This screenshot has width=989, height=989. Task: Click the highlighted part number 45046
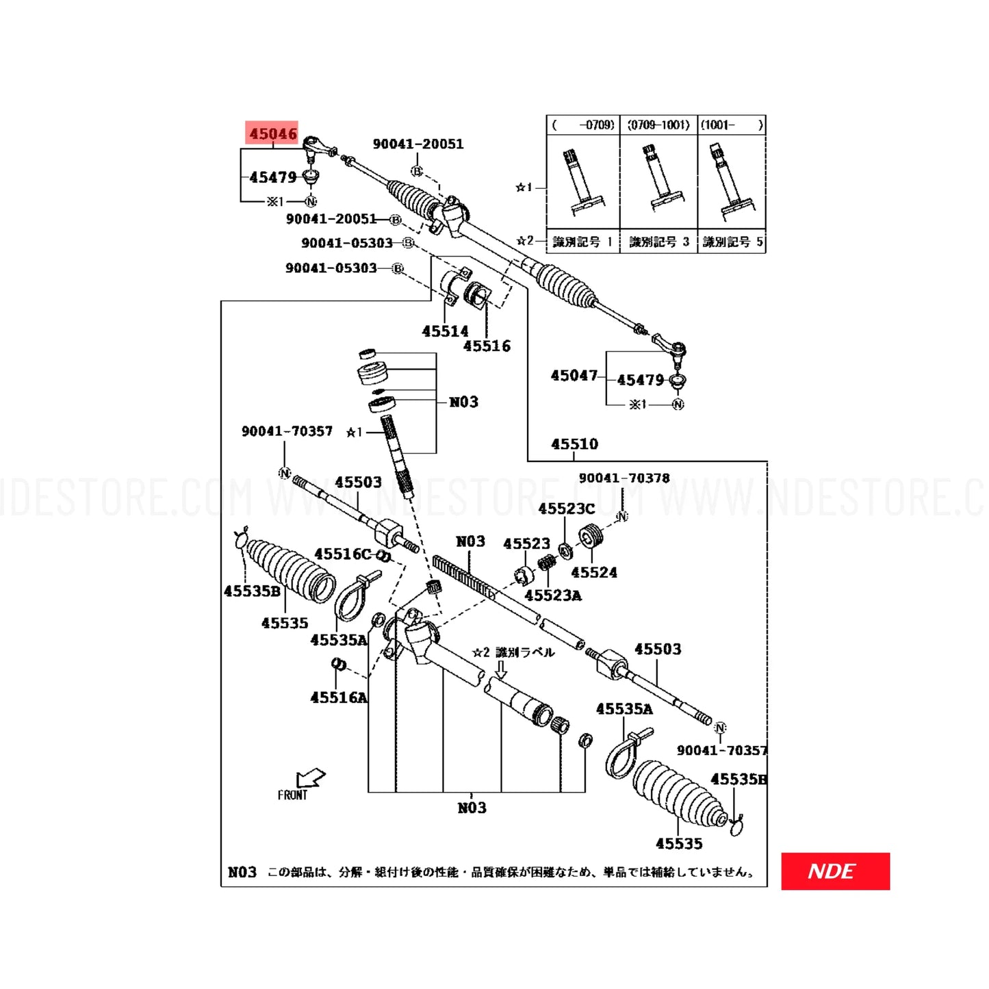[272, 133]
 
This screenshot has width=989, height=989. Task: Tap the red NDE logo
[835, 871]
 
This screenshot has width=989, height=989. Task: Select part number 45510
[574, 444]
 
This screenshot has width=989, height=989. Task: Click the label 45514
[445, 331]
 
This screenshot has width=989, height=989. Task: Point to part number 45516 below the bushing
[487, 346]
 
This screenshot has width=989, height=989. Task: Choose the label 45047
[574, 376]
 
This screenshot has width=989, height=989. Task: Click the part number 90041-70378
[624, 478]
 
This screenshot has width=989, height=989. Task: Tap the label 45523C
[566, 509]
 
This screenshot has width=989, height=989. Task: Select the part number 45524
[594, 572]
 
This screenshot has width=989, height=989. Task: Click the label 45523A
[553, 595]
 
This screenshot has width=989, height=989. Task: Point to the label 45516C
[342, 554]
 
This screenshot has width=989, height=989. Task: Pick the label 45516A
[339, 697]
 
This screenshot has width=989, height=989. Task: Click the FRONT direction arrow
[310, 779]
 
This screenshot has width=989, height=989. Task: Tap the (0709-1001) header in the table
[658, 125]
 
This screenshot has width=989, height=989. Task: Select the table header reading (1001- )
[731, 125]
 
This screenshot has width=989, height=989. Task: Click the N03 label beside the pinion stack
[463, 402]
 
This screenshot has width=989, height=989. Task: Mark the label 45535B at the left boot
[252, 591]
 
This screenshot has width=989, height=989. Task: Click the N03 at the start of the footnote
[242, 872]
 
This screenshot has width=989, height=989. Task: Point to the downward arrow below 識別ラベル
[501, 669]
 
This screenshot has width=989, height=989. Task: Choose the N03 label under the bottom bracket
[472, 808]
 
